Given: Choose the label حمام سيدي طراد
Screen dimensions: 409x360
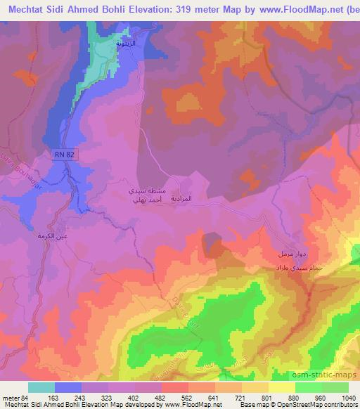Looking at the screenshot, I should pyautogui.click(x=290, y=268).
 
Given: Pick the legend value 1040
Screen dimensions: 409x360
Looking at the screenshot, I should pyautogui.click(x=349, y=397).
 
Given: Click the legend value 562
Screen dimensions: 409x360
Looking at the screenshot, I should pyautogui.click(x=188, y=397).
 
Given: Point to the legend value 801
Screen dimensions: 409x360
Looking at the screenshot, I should pyautogui.click(x=268, y=397).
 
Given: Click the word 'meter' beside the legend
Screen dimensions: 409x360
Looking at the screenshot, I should pyautogui.click(x=10, y=397).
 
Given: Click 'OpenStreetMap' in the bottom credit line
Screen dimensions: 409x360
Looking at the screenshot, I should pyautogui.click(x=303, y=405).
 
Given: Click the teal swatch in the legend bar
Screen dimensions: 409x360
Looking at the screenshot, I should pyautogui.click(x=41, y=387).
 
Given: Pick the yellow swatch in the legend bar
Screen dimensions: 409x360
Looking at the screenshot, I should pyautogui.click(x=281, y=387).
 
